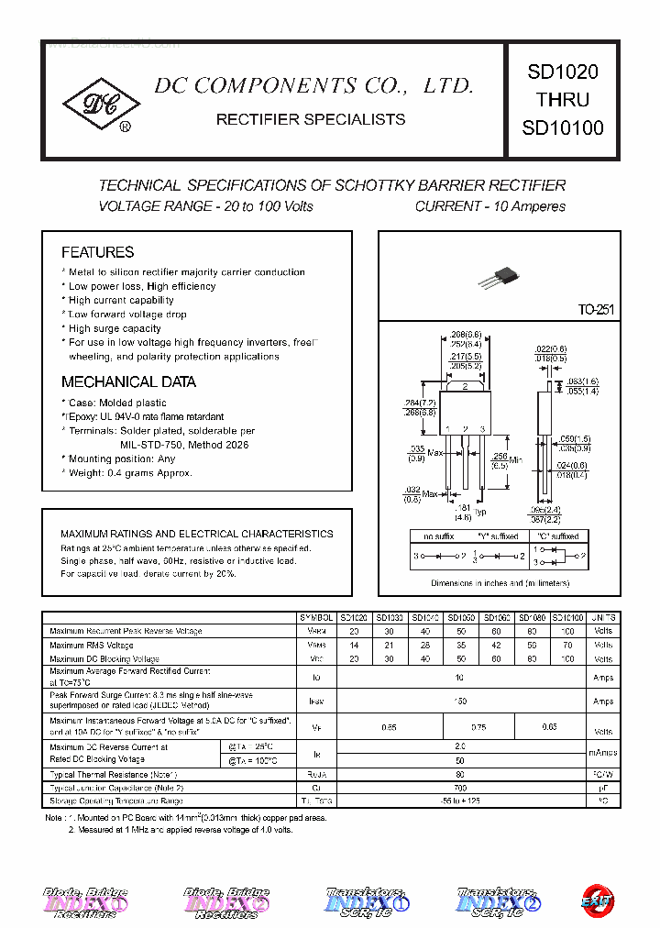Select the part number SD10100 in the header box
click(x=563, y=128)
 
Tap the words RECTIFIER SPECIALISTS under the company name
click(x=311, y=120)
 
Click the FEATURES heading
click(x=97, y=252)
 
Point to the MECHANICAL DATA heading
click(x=128, y=382)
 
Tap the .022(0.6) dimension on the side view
click(x=551, y=349)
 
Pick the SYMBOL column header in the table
click(x=316, y=618)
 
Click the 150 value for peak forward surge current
click(x=460, y=701)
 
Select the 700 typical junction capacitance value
click(x=460, y=788)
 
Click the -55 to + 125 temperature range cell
click(x=460, y=801)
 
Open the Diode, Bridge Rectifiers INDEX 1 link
click(x=85, y=901)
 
